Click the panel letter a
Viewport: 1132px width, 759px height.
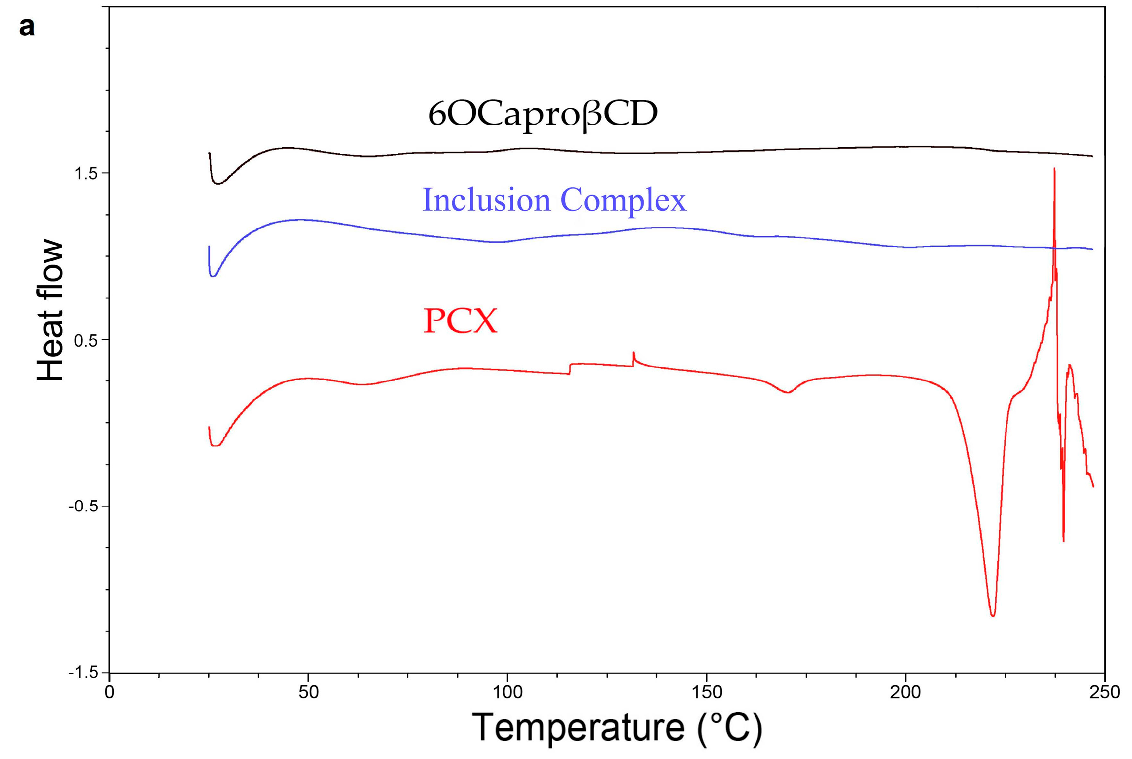[27, 27]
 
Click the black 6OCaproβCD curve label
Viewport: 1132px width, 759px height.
[542, 114]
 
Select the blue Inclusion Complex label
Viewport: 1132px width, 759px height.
[554, 200]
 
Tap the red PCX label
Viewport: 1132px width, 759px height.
[460, 320]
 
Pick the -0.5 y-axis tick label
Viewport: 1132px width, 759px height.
[82, 507]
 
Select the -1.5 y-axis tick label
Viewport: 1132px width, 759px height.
[82, 673]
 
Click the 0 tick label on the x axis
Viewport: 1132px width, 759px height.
[109, 692]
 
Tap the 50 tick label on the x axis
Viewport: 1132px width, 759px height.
[308, 692]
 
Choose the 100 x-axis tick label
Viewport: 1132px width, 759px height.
[507, 692]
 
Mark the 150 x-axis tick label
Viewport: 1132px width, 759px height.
[706, 692]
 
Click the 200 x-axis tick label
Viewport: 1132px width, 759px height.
[905, 692]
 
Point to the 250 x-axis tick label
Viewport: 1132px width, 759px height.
[1104, 692]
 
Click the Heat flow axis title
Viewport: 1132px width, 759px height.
[50, 310]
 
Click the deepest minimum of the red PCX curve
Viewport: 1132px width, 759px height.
[993, 616]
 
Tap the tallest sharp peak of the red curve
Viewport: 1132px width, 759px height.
[1054, 169]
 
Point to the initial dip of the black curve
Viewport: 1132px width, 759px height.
[218, 184]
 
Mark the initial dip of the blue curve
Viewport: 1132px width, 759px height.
[213, 276]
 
